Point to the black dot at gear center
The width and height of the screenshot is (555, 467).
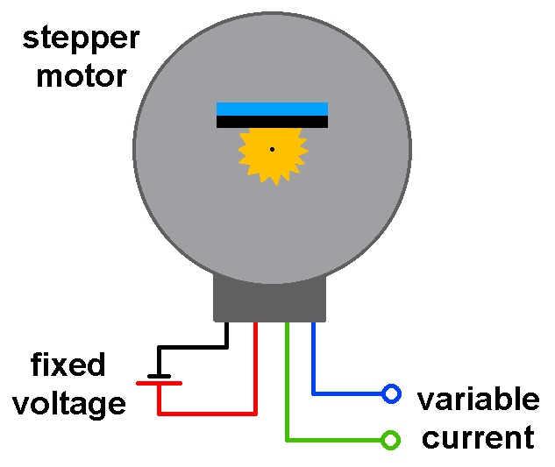pyautogui.click(x=272, y=149)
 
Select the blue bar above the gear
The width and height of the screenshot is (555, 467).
pyautogui.click(x=272, y=109)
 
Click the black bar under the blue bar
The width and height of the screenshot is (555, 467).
pyautogui.click(x=272, y=122)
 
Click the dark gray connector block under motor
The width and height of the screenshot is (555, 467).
pyautogui.click(x=271, y=300)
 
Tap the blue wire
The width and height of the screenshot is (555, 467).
pyautogui.click(x=314, y=368)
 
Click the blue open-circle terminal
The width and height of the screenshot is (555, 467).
pyautogui.click(x=391, y=394)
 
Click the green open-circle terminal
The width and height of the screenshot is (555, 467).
pyautogui.click(x=391, y=439)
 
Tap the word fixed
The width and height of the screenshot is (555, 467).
pyautogui.click(x=68, y=364)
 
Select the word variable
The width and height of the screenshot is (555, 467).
pyautogui.click(x=478, y=400)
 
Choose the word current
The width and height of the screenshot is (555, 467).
pyautogui.click(x=478, y=437)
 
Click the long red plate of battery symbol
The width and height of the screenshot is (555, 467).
pyautogui.click(x=159, y=383)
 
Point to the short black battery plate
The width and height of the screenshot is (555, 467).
pyautogui.click(x=159, y=375)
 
